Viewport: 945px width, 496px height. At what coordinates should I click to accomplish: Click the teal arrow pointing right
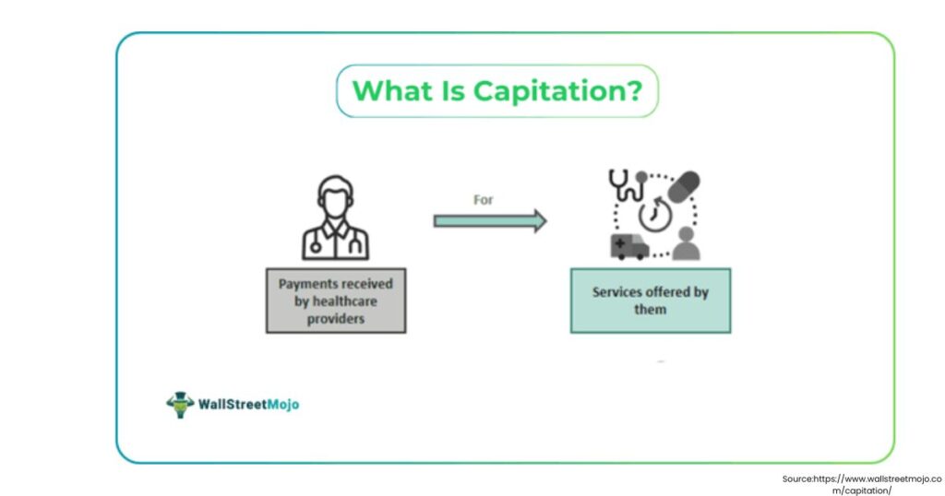point(490,220)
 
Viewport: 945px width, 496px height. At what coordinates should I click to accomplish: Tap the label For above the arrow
point(484,199)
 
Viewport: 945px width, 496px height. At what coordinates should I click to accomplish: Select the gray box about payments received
point(335,301)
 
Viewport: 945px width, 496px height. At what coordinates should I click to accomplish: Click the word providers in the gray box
point(335,318)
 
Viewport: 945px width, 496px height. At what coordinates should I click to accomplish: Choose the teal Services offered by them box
point(650,301)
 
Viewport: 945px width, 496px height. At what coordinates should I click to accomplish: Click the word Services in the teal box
point(617,292)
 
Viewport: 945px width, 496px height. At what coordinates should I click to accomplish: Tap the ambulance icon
point(628,246)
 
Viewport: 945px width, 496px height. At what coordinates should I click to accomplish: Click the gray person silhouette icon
point(686,244)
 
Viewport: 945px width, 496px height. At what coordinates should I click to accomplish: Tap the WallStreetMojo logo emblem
point(180,404)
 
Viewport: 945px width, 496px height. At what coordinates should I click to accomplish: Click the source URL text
point(850,484)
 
